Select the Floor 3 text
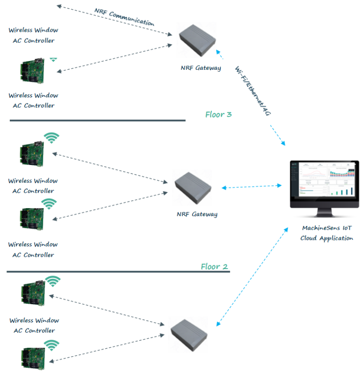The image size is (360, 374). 218,114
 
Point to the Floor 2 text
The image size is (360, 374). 214,267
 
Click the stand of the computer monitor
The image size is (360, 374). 324,213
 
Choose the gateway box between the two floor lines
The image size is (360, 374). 192,187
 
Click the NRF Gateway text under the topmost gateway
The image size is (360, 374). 201,68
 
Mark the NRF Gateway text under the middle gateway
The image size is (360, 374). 197,214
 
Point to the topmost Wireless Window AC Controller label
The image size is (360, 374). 33,35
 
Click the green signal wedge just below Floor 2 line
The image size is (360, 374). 53,281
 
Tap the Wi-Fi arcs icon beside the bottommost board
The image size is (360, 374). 51,346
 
